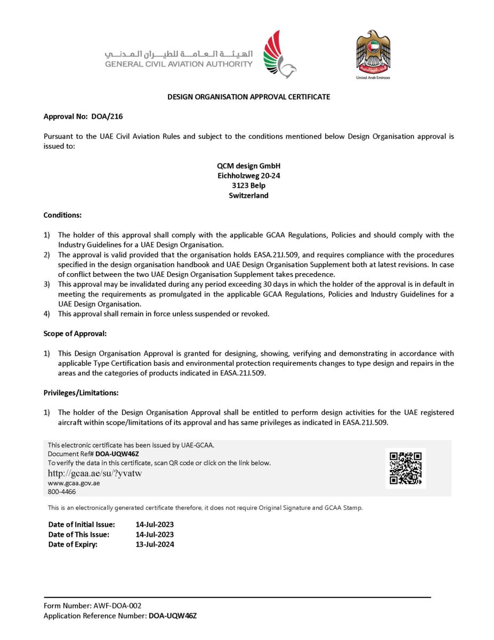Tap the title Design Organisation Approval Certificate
248,97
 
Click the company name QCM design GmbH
249,166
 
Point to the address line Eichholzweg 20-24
249,175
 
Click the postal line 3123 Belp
249,186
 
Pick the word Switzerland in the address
249,195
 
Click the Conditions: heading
62,215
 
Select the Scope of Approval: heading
75,334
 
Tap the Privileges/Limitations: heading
80,393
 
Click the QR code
406,468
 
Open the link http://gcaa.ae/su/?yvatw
94,473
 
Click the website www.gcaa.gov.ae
74,483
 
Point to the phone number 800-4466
62,492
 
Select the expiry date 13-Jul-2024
155,545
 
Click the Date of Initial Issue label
82,525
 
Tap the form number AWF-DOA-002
116,605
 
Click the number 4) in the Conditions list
46,314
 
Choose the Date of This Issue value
155,534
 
